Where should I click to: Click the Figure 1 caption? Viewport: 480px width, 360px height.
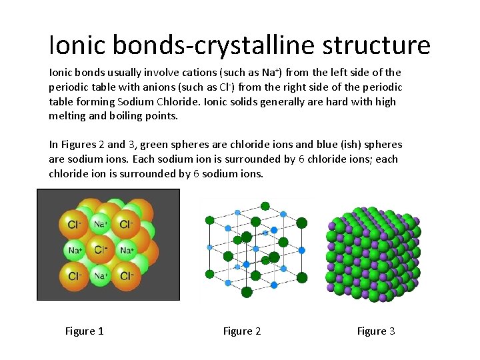pos(84,331)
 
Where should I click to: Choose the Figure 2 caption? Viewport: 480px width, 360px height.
pos(242,331)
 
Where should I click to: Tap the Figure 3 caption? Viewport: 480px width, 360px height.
pos(376,331)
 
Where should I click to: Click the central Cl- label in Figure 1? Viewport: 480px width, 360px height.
pos(101,250)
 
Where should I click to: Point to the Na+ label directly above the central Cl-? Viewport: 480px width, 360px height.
pos(101,225)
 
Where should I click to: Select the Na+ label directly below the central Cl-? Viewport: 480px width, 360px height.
pos(101,275)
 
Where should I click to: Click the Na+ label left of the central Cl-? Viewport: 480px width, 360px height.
pos(75,251)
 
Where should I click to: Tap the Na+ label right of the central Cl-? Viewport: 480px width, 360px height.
pos(127,251)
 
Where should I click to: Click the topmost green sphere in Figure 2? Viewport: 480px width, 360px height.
pos(265,206)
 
